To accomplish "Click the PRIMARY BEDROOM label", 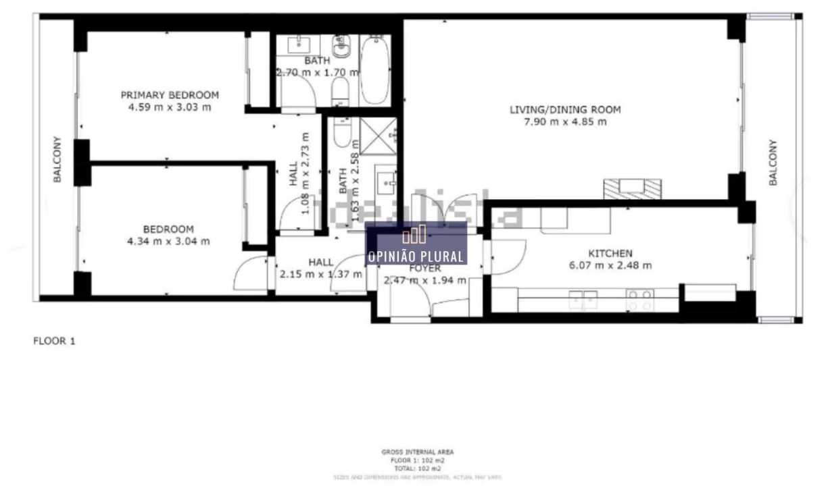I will (x=170, y=95).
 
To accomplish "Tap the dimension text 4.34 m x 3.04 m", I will (x=168, y=241).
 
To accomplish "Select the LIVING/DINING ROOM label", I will (x=565, y=109).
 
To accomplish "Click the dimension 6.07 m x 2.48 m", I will (x=610, y=265).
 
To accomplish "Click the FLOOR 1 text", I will (x=55, y=342).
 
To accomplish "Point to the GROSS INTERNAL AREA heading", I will (x=418, y=452).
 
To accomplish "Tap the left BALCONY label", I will (x=58, y=160).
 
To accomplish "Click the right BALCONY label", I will (x=773, y=163).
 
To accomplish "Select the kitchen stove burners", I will (x=639, y=300).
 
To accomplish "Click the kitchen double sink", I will (x=583, y=299).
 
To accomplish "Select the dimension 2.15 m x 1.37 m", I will (x=320, y=274).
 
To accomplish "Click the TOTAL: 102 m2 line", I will (x=417, y=468).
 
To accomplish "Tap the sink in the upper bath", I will (x=298, y=45).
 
